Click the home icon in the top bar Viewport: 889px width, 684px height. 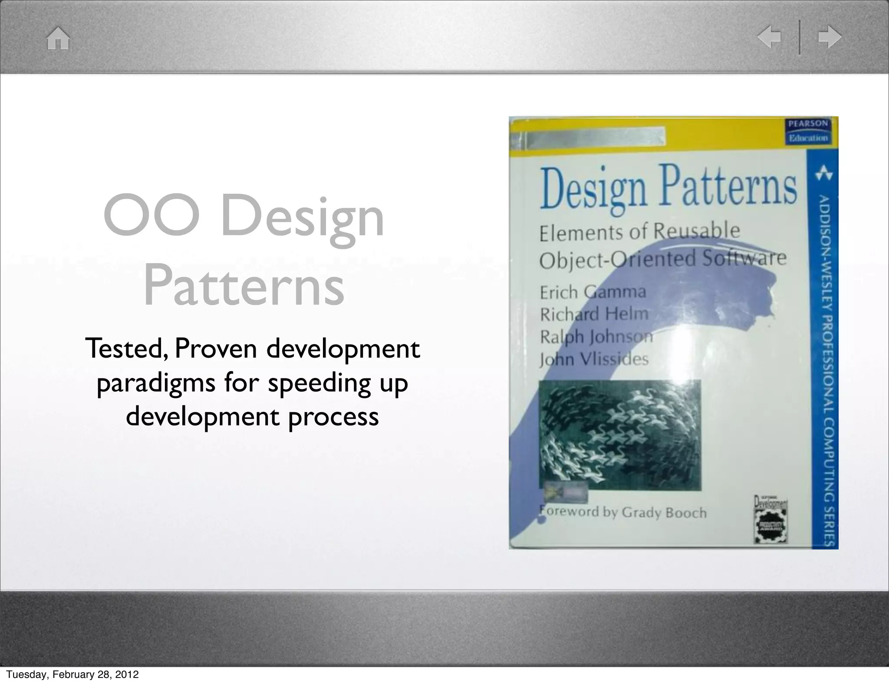58,39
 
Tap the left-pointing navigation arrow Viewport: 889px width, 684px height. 769,38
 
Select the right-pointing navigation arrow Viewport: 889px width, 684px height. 830,38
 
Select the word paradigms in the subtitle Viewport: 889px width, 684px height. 156,383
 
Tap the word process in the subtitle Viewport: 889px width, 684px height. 333,417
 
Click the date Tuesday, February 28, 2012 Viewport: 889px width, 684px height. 72,674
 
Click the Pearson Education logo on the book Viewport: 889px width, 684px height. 808,131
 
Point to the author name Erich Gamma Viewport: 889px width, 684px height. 593,292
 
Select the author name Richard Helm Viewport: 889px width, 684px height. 594,314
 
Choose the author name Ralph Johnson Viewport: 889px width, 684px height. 596,336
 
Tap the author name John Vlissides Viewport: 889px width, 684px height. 594,359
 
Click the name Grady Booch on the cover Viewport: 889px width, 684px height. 664,513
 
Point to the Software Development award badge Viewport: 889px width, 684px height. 770,520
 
